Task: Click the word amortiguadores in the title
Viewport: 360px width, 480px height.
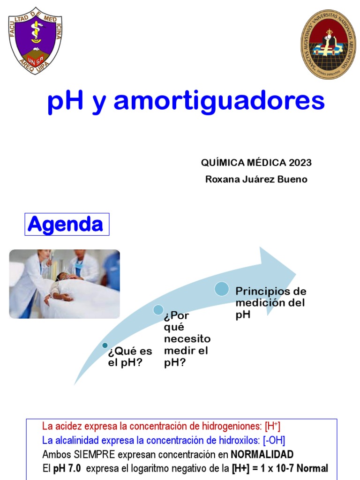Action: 219,101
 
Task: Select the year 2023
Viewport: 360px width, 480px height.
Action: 300,163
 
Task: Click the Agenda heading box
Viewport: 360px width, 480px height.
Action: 67,225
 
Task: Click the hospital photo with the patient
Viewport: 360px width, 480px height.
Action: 64,284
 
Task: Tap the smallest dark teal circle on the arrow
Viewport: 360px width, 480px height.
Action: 105,345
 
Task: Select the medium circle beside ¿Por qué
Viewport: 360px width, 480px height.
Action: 158,309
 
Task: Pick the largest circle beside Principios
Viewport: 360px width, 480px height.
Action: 222,289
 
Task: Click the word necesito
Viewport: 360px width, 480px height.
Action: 187,338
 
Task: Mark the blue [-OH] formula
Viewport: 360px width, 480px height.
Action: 274,441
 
